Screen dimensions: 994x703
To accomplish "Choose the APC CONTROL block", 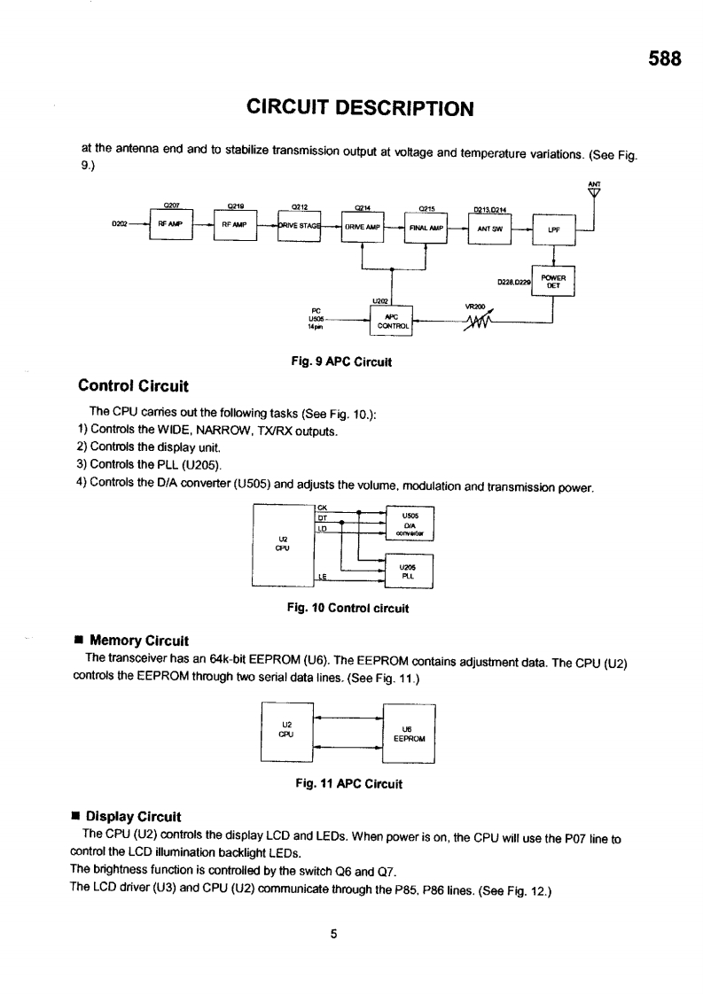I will [x=391, y=320].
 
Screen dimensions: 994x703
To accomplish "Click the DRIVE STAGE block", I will [x=299, y=226].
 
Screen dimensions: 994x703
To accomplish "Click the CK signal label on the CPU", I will [x=321, y=508].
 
